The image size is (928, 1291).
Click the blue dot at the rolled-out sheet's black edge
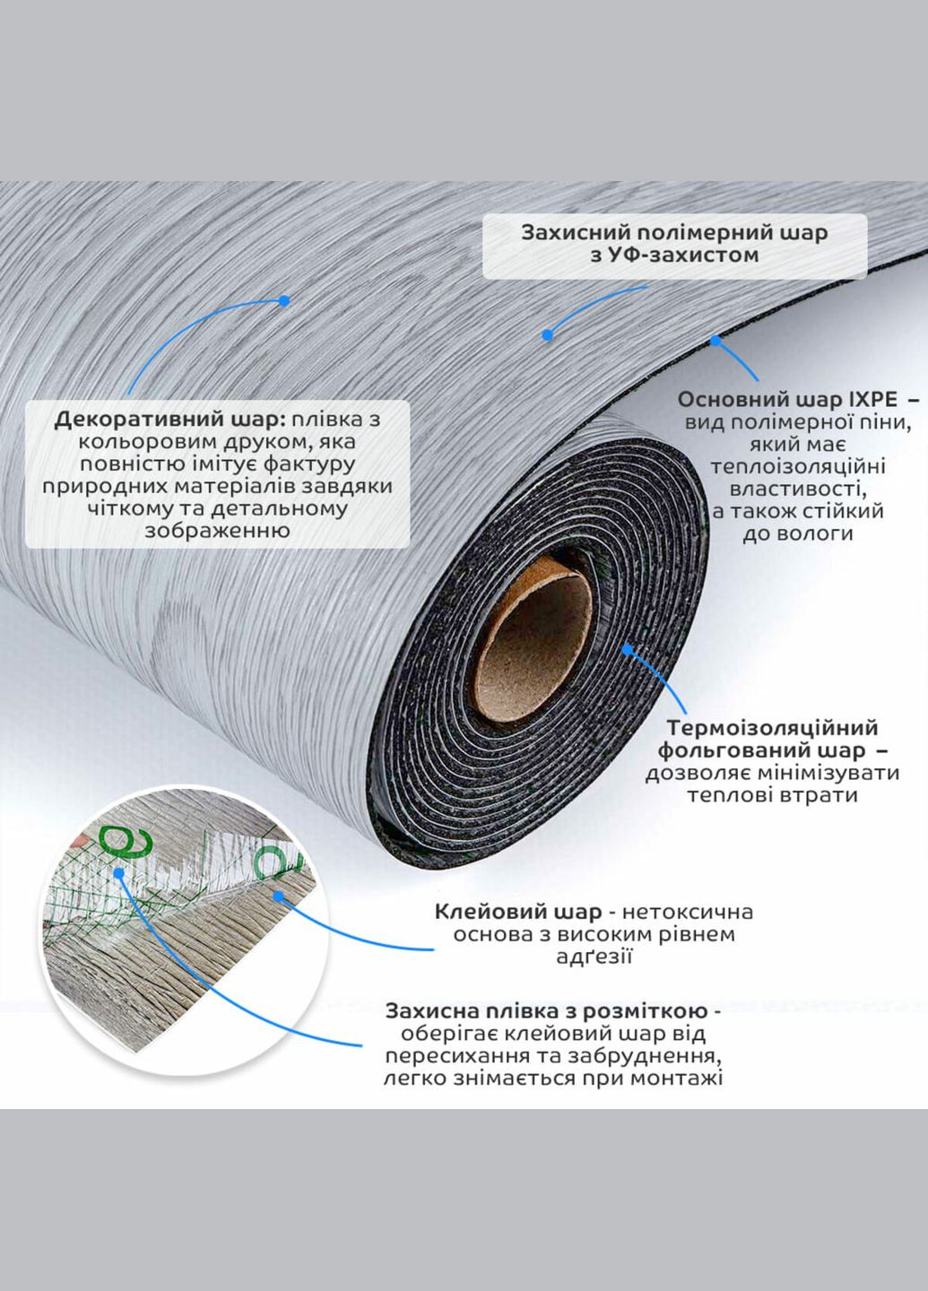tap(715, 340)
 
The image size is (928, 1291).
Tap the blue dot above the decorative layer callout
tap(283, 300)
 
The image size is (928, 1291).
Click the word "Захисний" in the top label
tap(567, 232)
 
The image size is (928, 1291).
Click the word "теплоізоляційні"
tap(797, 466)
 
